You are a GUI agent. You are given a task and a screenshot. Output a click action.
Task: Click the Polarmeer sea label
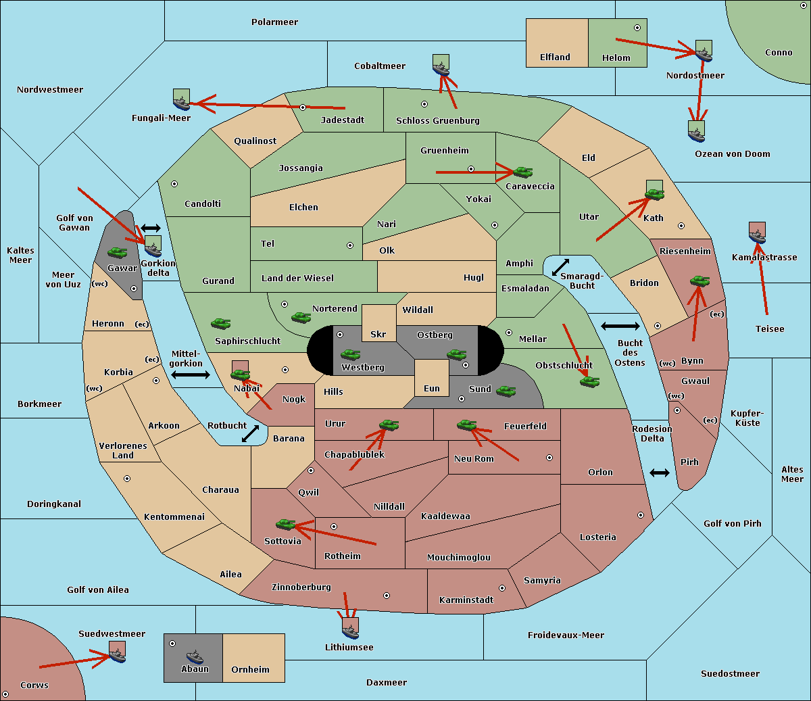[x=274, y=22]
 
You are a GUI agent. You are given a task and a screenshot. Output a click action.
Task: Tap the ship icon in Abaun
[x=195, y=656]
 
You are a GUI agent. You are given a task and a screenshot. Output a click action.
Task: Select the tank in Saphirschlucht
[x=220, y=324]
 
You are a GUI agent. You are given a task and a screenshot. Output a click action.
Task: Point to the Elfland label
[x=555, y=57]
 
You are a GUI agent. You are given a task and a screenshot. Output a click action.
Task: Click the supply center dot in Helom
[x=637, y=28]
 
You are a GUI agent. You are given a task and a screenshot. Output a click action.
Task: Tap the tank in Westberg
[x=350, y=354]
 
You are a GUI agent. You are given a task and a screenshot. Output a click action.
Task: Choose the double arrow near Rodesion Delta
[x=660, y=473]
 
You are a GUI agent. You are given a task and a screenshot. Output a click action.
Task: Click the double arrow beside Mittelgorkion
[x=191, y=375]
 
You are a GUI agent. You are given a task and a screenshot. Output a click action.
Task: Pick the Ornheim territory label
[x=250, y=670]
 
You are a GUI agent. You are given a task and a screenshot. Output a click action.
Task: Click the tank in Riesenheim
[x=699, y=281]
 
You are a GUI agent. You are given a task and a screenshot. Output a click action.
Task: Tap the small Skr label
[x=378, y=335]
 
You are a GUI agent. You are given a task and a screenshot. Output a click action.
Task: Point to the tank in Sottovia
[x=286, y=524]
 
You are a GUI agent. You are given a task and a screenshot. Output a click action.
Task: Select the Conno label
[x=779, y=53]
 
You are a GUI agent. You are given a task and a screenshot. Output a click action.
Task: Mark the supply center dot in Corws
[x=5, y=694]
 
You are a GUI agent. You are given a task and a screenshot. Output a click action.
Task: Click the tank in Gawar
[x=117, y=253]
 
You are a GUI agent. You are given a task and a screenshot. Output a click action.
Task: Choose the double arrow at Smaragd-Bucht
[x=561, y=267]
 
